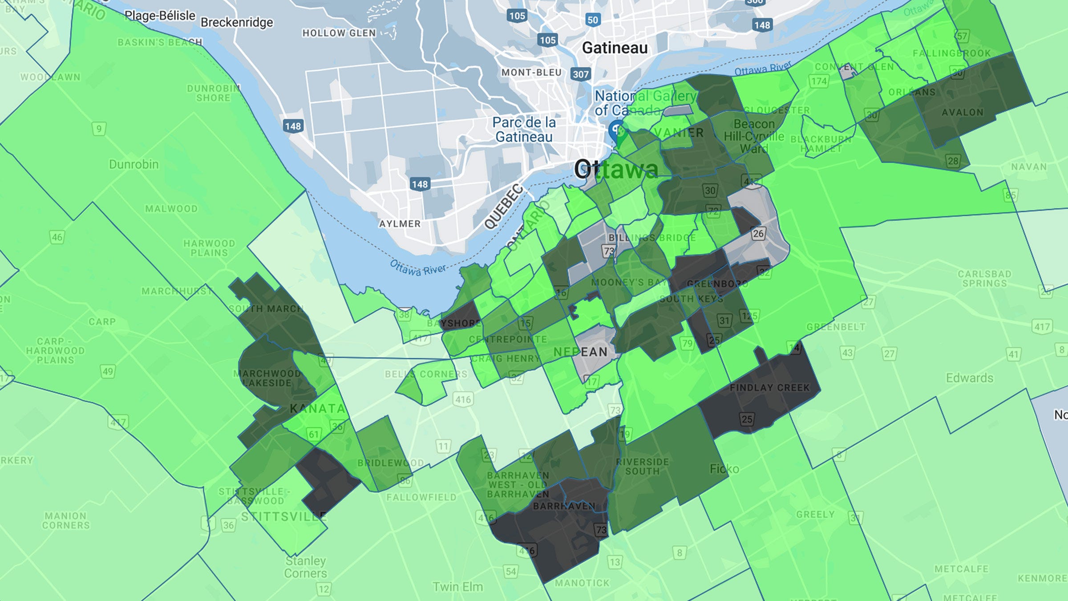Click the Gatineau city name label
(x=615, y=48)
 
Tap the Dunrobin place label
(x=133, y=164)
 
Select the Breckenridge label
(x=237, y=22)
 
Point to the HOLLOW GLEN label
(x=339, y=33)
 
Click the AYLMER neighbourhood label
(x=400, y=223)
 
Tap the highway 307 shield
(x=580, y=74)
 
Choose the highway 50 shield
(x=593, y=20)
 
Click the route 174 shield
(x=819, y=81)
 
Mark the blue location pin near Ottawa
(x=616, y=130)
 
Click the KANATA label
(x=317, y=408)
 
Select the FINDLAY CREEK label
(x=769, y=387)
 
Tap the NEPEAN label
(x=580, y=352)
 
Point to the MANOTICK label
(x=582, y=583)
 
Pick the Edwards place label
(x=969, y=378)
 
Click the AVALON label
(x=962, y=112)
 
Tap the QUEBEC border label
(x=504, y=206)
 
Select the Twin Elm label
(x=457, y=587)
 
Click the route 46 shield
(x=57, y=237)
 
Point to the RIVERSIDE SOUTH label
(x=642, y=466)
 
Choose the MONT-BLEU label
(x=531, y=72)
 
